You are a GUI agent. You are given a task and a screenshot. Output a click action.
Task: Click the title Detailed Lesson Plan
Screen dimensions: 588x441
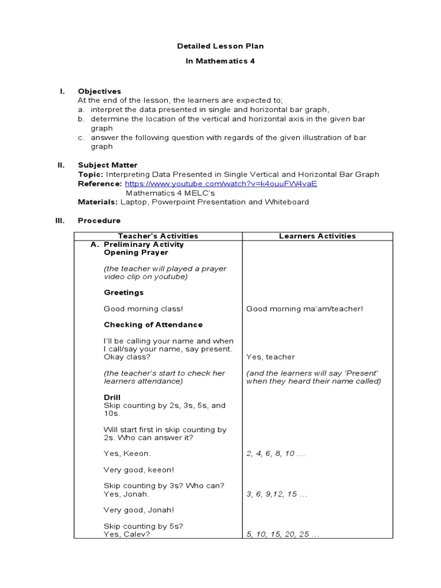pos(220,46)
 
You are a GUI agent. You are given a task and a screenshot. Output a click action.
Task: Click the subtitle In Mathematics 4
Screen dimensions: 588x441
pos(220,61)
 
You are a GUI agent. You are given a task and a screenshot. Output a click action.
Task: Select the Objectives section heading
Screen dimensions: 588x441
pos(99,91)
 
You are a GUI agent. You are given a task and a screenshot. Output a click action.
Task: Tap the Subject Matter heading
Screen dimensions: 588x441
pos(107,165)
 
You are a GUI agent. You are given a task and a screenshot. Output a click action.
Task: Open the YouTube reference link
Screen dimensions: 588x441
pos(221,184)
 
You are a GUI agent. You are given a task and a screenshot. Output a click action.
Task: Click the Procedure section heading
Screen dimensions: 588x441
pos(99,220)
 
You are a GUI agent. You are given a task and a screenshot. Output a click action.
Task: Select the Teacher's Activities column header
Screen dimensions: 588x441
pos(158,236)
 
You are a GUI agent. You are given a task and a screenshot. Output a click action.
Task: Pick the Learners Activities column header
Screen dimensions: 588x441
pos(317,236)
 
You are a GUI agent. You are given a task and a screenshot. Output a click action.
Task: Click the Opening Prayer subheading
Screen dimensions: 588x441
pos(136,252)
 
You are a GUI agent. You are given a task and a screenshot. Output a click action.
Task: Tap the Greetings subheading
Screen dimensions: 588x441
pos(123,292)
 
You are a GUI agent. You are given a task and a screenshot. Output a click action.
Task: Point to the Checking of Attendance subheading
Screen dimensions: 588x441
pos(153,324)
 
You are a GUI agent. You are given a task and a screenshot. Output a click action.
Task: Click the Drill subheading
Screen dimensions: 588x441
pos(112,397)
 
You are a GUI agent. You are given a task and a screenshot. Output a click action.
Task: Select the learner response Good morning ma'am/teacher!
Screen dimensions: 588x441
pos(304,309)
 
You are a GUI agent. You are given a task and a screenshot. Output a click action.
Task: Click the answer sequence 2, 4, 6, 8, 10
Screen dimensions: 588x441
pos(275,454)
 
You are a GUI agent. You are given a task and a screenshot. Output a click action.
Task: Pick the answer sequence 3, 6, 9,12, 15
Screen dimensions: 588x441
pos(276,494)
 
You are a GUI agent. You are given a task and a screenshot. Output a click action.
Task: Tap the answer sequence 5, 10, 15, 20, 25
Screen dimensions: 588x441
pos(283,534)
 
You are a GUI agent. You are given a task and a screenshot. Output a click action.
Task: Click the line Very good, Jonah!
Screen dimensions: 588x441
pos(138,510)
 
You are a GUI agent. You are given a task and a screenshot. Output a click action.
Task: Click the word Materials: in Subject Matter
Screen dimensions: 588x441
pos(98,202)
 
